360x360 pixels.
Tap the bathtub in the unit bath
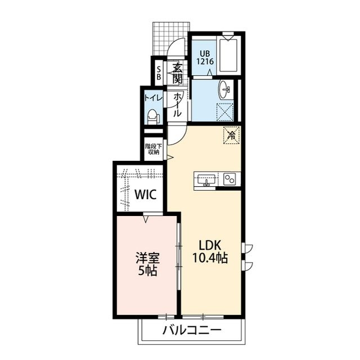coord(229,55)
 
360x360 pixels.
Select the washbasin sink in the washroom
coord(225,89)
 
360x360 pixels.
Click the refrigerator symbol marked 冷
coord(231,134)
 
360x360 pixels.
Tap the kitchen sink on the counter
coord(206,179)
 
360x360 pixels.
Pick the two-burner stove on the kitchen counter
coord(229,179)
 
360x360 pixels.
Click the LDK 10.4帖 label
coord(211,251)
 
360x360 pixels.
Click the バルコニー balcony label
coord(192,330)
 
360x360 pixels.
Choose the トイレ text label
coord(152,98)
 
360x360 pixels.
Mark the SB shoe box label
coord(159,71)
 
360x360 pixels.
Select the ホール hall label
coord(177,105)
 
